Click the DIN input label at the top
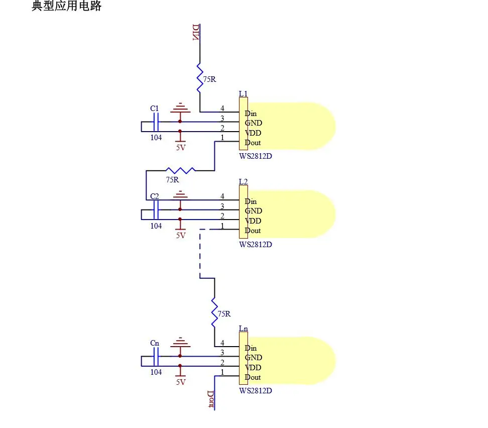click(196, 32)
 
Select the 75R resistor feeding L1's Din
click(200, 78)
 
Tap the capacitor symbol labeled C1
click(156, 122)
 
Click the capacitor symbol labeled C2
click(156, 210)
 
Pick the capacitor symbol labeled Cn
click(156, 356)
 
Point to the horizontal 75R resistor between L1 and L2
click(180, 170)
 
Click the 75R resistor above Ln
click(214, 312)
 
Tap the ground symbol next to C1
click(180, 108)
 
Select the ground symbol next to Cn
click(180, 342)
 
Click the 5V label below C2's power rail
click(181, 236)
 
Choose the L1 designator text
click(243, 94)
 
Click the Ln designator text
click(243, 329)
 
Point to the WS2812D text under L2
click(256, 245)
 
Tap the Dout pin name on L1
click(253, 143)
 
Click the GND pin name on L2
click(254, 211)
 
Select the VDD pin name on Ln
click(253, 368)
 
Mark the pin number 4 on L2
click(222, 196)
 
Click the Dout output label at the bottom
click(211, 399)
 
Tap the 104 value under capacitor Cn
click(156, 372)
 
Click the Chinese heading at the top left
click(67, 6)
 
